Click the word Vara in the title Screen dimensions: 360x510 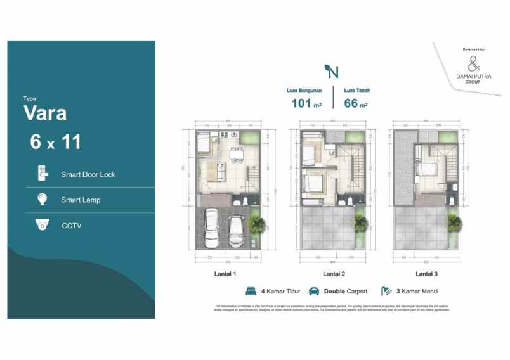(x=45, y=113)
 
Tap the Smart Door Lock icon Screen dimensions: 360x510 (x=43, y=174)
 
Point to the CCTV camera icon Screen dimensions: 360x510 (x=43, y=225)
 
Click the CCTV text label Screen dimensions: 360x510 (x=71, y=225)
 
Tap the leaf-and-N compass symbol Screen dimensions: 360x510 (x=330, y=70)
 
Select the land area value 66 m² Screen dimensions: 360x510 (x=356, y=105)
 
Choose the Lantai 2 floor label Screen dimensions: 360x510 (x=334, y=274)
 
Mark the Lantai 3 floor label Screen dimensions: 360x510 (x=426, y=274)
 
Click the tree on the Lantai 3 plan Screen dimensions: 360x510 (x=455, y=221)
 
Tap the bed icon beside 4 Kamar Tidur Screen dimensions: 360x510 (x=251, y=292)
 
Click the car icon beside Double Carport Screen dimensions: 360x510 (x=313, y=292)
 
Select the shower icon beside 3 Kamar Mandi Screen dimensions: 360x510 (x=386, y=292)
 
